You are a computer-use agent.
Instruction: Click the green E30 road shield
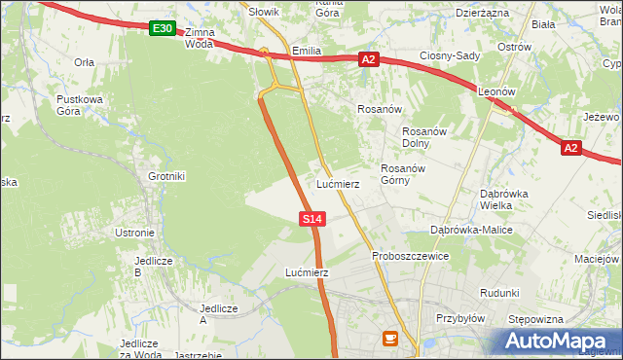[x=164, y=29]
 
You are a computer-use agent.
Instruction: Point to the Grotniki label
[x=166, y=176]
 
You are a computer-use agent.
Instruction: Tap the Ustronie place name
[x=135, y=233]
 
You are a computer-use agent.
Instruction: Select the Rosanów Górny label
[x=399, y=174]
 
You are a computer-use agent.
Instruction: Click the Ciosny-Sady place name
[x=450, y=55]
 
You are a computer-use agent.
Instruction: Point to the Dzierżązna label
[x=482, y=13]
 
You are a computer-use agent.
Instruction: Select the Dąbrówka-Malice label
[x=471, y=230]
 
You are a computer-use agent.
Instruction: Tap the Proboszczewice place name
[x=410, y=256]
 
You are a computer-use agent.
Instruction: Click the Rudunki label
[x=499, y=293]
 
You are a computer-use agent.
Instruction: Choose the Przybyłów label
[x=460, y=318]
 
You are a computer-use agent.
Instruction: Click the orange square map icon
[x=390, y=339]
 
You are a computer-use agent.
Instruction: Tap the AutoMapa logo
[x=556, y=342]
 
